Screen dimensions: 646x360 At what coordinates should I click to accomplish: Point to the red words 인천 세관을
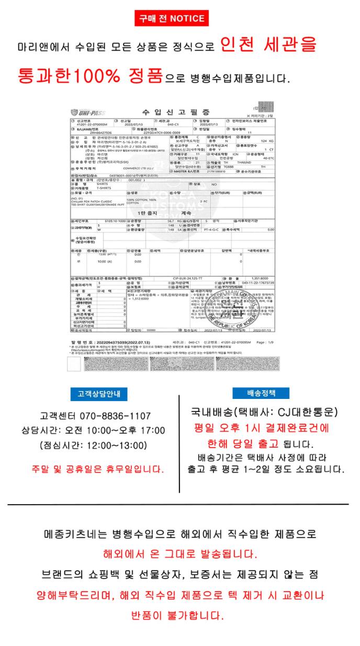268,46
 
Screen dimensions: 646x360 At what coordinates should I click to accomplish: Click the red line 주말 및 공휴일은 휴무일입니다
97,467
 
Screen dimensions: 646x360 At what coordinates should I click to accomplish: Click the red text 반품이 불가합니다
179,615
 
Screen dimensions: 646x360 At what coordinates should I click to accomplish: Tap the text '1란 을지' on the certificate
147,213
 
